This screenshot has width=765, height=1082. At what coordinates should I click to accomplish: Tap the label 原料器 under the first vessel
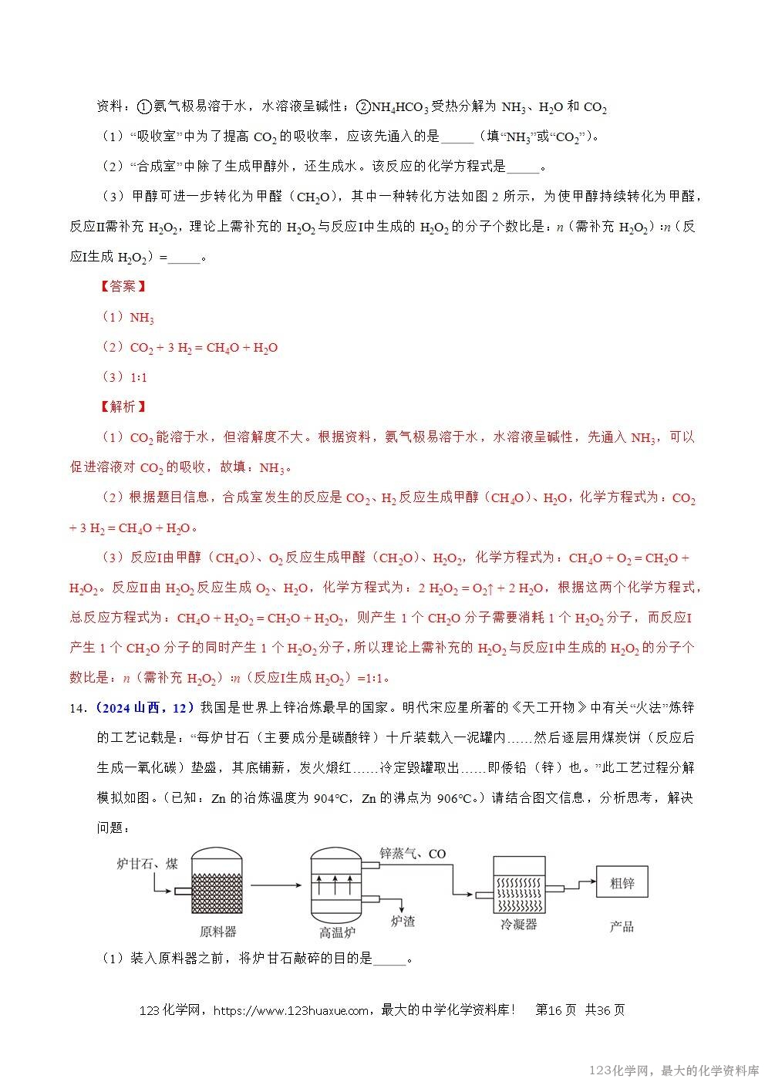217,932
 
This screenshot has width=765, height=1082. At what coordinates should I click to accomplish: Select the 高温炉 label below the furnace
337,932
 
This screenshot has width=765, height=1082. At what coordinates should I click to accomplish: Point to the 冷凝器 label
517,924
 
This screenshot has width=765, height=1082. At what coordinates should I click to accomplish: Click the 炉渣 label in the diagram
403,921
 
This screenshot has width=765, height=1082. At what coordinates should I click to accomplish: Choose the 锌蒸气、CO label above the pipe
413,854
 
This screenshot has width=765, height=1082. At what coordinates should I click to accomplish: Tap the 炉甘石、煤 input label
147,863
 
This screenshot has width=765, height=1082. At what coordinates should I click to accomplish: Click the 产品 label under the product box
622,925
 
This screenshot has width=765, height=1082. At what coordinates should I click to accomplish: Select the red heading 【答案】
123,286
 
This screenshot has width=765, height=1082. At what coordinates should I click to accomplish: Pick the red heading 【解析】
123,406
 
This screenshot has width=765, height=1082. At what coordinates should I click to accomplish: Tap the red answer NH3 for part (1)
142,317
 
